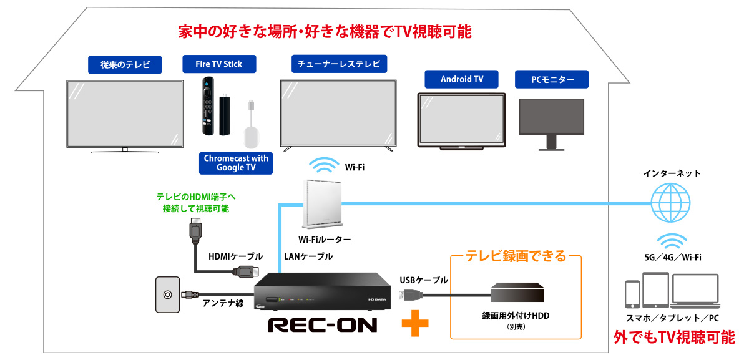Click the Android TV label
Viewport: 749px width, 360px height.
pyautogui.click(x=462, y=79)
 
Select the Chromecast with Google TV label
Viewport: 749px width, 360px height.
pyautogui.click(x=236, y=163)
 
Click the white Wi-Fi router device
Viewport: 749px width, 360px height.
pyautogui.click(x=321, y=203)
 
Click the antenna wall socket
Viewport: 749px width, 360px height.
pyautogui.click(x=167, y=296)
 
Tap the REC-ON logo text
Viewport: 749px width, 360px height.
pyautogui.click(x=322, y=325)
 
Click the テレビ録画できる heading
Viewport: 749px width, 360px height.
pyautogui.click(x=516, y=255)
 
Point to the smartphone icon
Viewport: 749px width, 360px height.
pyautogui.click(x=632, y=295)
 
